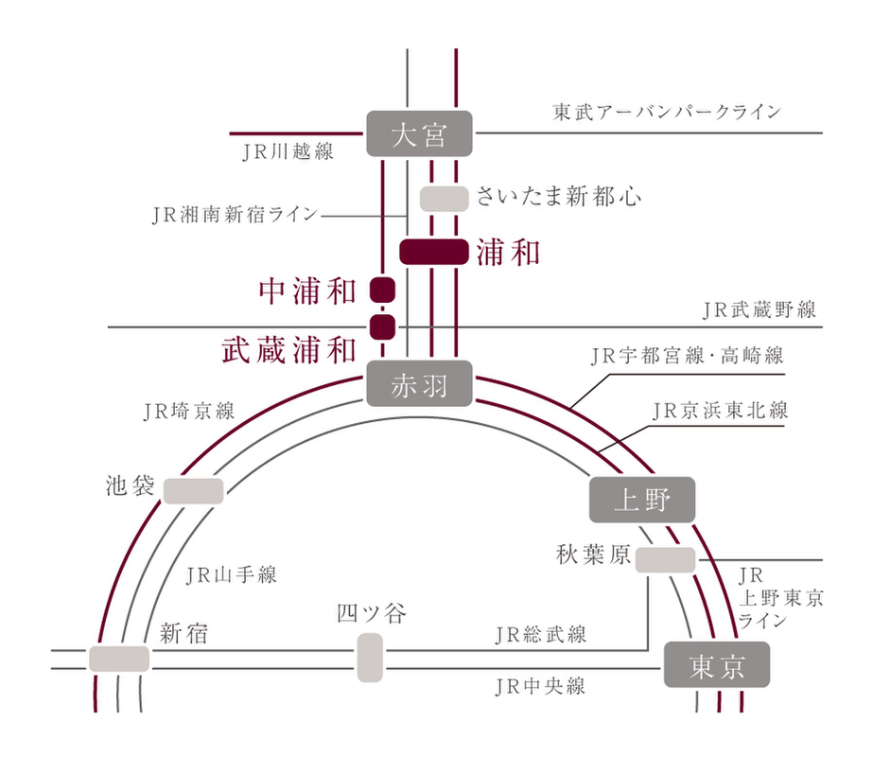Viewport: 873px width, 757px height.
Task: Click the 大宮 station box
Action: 419,134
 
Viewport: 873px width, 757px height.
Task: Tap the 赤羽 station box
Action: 419,384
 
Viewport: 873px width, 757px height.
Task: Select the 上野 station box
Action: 642,500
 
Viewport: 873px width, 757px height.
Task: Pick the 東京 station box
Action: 716,665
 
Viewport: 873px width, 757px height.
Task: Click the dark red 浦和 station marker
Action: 434,252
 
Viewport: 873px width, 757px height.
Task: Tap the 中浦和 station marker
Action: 382,290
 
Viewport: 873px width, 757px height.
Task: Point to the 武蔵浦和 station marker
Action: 382,327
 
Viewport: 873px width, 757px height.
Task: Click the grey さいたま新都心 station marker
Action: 444,199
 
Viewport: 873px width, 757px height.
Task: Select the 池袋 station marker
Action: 194,491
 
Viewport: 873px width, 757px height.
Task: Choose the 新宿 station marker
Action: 120,659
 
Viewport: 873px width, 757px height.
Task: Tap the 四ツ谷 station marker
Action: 370,658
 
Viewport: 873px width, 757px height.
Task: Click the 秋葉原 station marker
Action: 665,559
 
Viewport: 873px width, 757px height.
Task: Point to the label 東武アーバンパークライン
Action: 667,112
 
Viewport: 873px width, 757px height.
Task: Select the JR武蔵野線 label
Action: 760,308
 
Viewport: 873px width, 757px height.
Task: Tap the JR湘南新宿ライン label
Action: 235,215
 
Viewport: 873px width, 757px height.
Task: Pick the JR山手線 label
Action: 232,573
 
